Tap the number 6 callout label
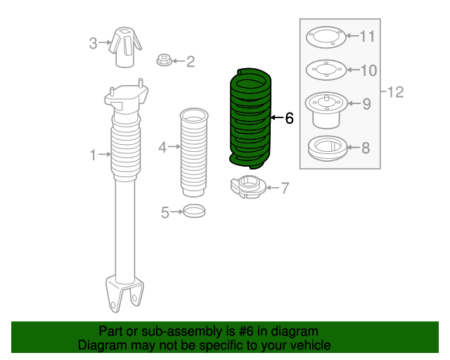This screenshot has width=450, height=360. pyautogui.click(x=288, y=118)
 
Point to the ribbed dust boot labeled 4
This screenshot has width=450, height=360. pyautogui.click(x=194, y=151)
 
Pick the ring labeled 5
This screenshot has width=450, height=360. pyautogui.click(x=194, y=210)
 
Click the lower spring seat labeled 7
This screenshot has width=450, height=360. pyautogui.click(x=247, y=188)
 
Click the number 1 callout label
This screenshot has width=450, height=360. pyautogui.click(x=93, y=155)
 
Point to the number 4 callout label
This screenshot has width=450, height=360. pyautogui.click(x=162, y=147)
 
